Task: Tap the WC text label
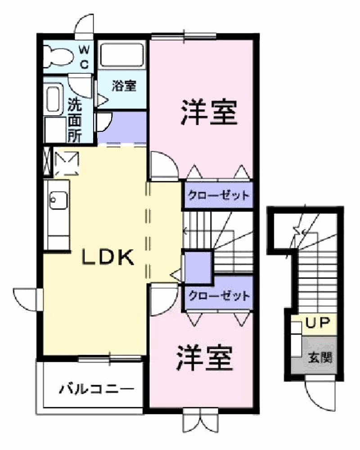point(85,56)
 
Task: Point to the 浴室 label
point(124,86)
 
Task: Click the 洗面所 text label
point(75,120)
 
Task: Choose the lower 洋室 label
point(205,358)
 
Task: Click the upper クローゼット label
point(218,196)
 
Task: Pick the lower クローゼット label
point(218,296)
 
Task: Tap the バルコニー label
point(97,388)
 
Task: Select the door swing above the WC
point(85,27)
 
